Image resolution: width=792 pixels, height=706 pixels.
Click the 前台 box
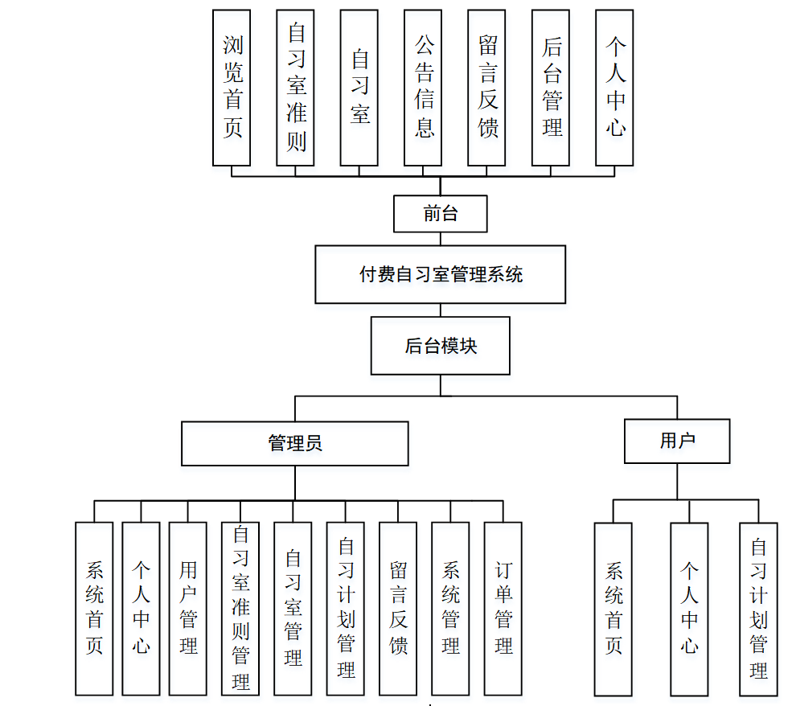(x=440, y=213)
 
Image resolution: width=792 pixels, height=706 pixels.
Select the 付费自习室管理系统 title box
(x=440, y=274)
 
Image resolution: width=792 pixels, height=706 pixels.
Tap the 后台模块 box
(x=440, y=346)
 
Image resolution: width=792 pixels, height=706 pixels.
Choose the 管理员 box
(x=294, y=443)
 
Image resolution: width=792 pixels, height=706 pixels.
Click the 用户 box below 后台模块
(x=676, y=441)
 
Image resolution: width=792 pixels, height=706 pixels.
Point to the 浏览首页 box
(x=232, y=88)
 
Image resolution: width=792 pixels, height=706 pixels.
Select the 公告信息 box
(x=423, y=88)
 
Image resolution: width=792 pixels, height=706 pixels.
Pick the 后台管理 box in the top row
(x=551, y=88)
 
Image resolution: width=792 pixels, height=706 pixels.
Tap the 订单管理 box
(x=503, y=608)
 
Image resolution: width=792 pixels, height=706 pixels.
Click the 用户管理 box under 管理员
(x=187, y=608)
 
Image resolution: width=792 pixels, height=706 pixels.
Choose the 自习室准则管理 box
(x=240, y=608)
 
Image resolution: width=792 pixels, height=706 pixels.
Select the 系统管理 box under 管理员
(x=450, y=608)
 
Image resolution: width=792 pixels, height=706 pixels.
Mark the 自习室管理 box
(x=293, y=608)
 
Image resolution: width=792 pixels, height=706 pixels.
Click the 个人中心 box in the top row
(x=614, y=88)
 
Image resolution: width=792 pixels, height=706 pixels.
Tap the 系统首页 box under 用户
(x=613, y=609)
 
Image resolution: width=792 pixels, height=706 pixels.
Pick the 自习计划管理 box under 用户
(x=758, y=609)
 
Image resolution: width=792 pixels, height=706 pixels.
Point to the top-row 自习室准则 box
(x=295, y=88)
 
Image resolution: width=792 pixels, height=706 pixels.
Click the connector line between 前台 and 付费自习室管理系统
(x=440, y=239)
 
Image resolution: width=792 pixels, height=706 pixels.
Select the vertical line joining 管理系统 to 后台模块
(x=440, y=310)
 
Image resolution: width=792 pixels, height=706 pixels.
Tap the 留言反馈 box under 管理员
(x=398, y=608)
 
